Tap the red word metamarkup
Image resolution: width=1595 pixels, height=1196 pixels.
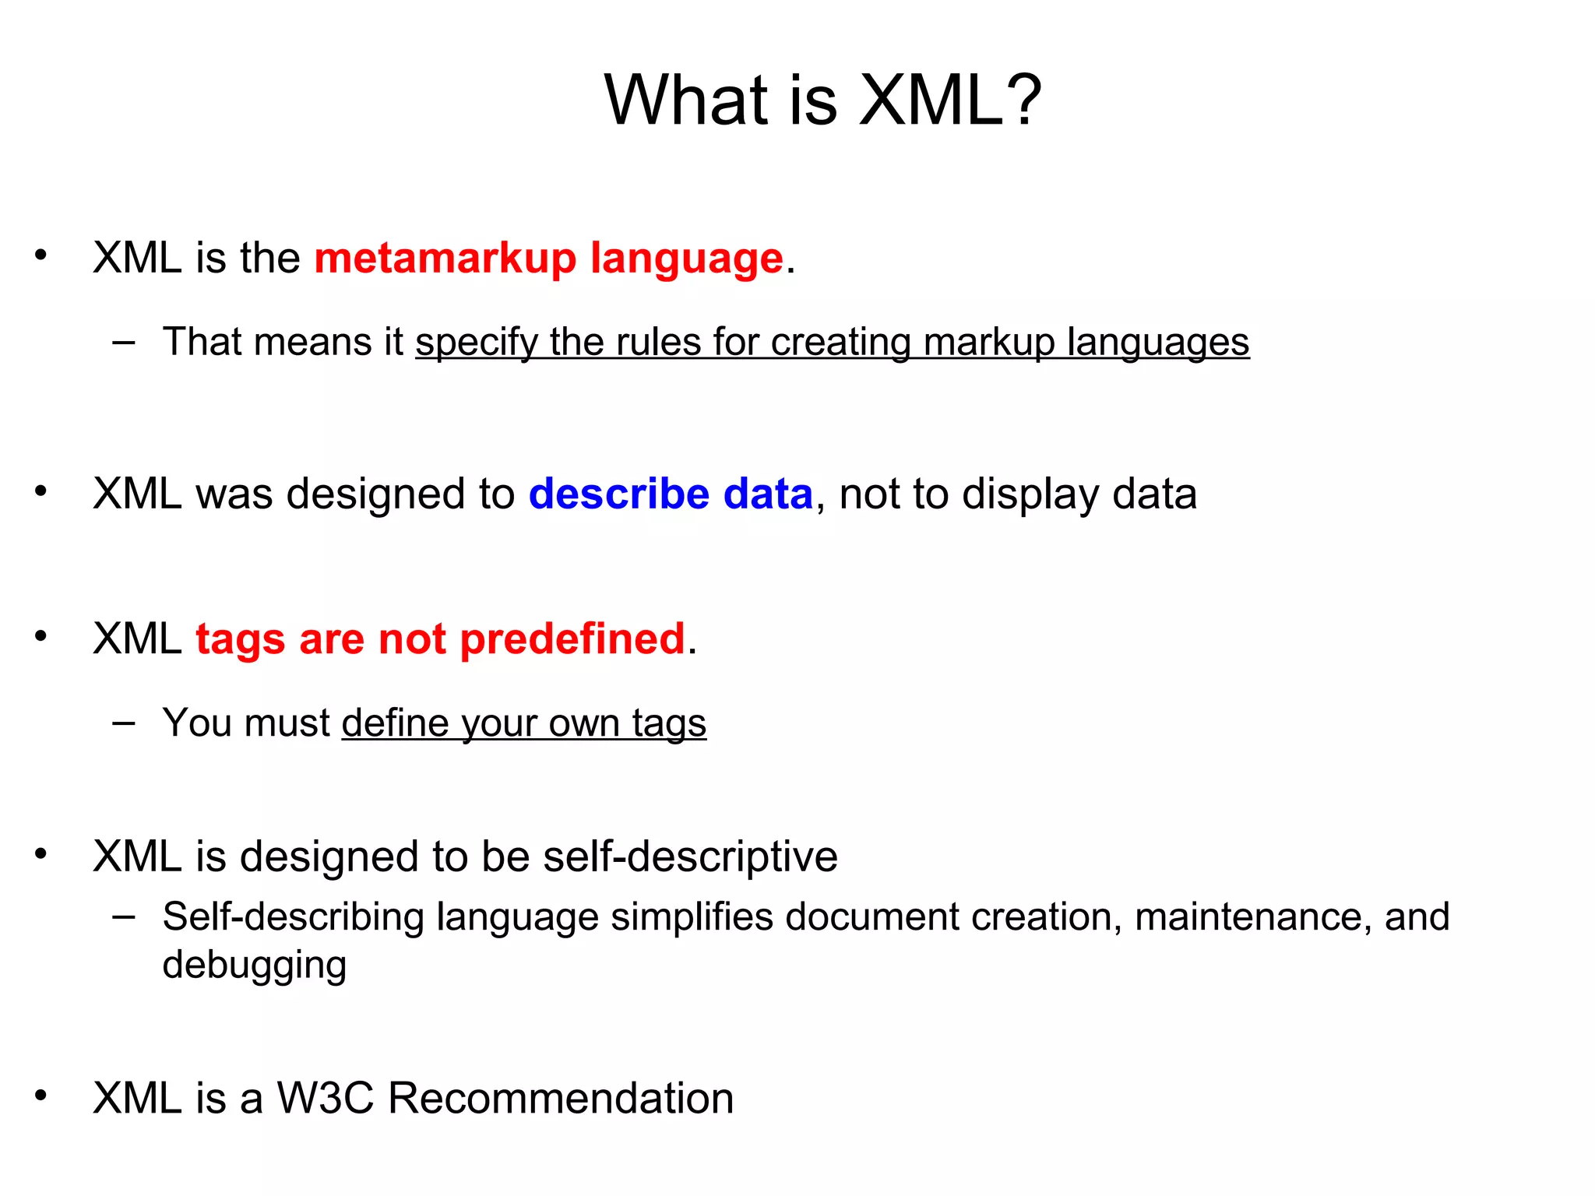(x=445, y=259)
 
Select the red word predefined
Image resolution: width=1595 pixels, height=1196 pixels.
(x=572, y=640)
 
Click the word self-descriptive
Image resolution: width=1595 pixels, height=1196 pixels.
(x=690, y=857)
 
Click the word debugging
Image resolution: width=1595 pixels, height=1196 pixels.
(x=254, y=966)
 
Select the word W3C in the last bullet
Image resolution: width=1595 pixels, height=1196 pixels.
(x=326, y=1099)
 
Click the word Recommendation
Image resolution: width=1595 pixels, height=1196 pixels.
(x=560, y=1099)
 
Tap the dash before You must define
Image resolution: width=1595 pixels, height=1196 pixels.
(x=123, y=723)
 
